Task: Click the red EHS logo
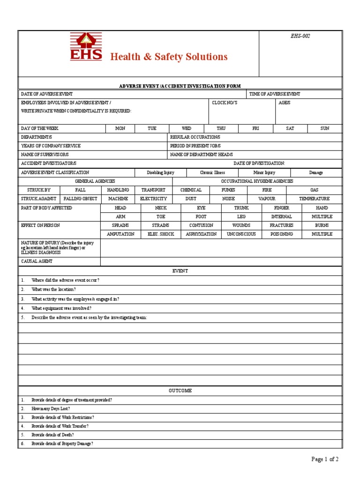pos(86,47)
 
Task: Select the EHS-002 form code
pos(300,37)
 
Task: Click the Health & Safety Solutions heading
pos(169,57)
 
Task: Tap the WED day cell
pos(187,128)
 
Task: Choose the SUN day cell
pos(325,128)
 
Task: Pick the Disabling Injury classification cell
pos(160,172)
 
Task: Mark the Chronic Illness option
pos(213,172)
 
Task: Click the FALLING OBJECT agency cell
pos(80,199)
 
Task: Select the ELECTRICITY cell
pos(153,199)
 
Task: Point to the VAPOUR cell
pos(267,199)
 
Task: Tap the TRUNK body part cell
pos(241,208)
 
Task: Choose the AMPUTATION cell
pos(120,234)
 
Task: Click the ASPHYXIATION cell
pos(201,234)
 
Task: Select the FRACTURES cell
pos(281,225)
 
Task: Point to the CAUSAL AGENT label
pos(37,261)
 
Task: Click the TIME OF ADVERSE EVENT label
pos(275,94)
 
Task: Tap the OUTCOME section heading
pos(180,391)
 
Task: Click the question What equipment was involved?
pos(61,308)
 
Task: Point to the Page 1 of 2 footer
pos(325,459)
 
